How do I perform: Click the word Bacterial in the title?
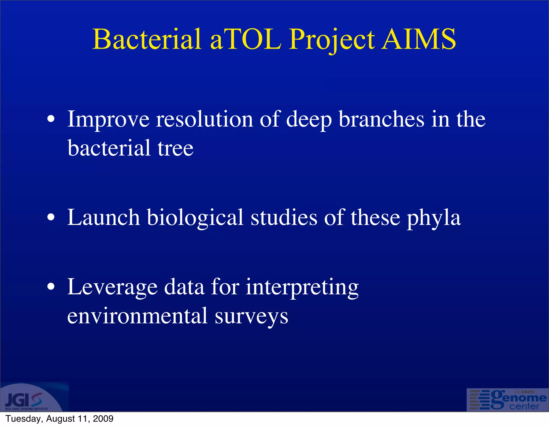click(147, 39)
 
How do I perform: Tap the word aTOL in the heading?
click(246, 39)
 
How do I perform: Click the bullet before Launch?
click(51, 217)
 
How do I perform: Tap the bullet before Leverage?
click(51, 287)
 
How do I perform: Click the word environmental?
click(138, 316)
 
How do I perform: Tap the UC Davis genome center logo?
click(507, 400)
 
